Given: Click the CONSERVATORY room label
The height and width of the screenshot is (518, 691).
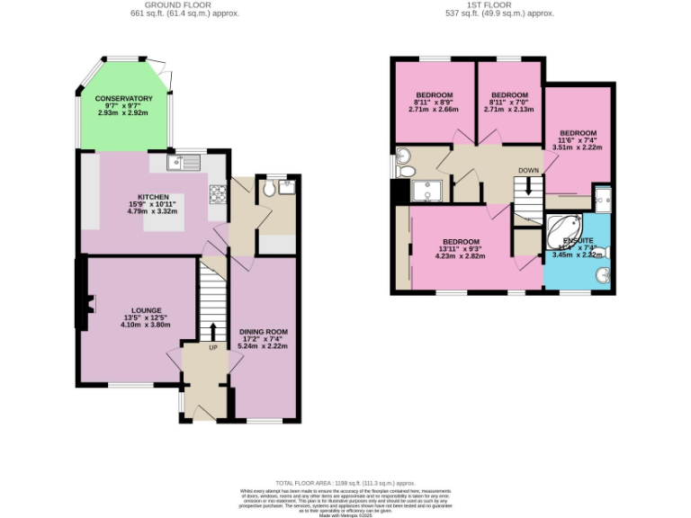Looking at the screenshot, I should pos(124,98).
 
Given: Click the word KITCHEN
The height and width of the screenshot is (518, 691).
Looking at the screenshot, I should pos(153,197).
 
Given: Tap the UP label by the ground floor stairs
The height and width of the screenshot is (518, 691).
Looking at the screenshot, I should pos(213,347).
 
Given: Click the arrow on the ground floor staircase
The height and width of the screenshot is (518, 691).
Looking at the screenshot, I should pos(213,329).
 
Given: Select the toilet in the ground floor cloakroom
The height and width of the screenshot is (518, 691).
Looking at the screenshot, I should pos(271,189).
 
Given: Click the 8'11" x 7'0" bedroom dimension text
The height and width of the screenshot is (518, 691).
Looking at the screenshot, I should pos(508,103).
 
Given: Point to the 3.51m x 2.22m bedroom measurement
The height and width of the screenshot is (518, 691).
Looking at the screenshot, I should pos(577,147).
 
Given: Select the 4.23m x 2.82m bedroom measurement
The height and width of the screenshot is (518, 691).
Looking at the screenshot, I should pos(459,256).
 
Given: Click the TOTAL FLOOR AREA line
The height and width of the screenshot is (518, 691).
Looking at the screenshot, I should pos(345,483).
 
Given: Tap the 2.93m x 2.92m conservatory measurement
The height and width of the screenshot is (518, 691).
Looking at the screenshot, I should pos(124,113).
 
